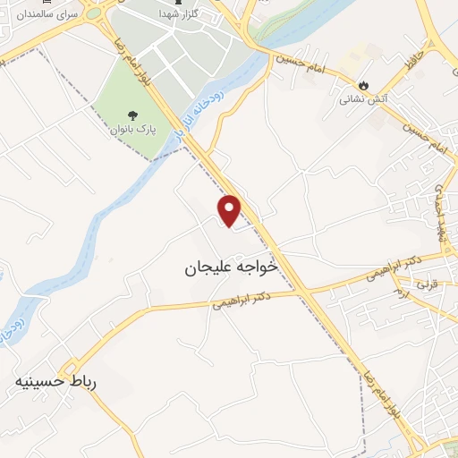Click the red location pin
click(230, 210)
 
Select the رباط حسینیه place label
click(55, 382)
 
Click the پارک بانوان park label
click(132, 130)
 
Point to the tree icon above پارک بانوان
click(132, 115)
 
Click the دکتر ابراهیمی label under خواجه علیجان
click(242, 299)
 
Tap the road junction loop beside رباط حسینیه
click(68, 368)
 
